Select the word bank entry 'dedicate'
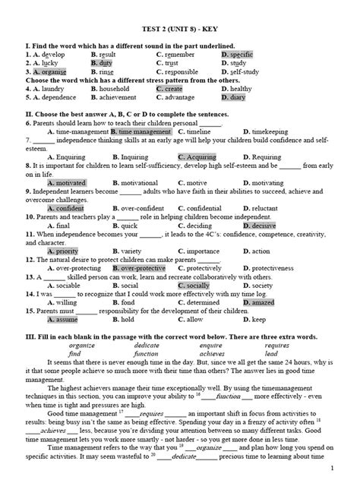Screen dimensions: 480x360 [146, 345]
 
